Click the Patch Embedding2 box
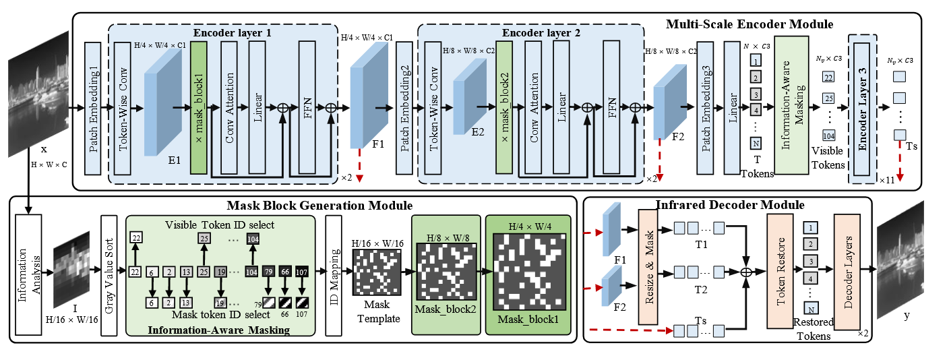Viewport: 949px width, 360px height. (x=404, y=107)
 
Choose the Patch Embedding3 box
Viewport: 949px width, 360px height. (x=706, y=107)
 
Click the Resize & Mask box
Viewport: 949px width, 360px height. (x=650, y=267)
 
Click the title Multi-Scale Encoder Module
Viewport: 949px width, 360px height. (x=749, y=24)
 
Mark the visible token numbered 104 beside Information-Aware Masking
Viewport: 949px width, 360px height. (x=828, y=136)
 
